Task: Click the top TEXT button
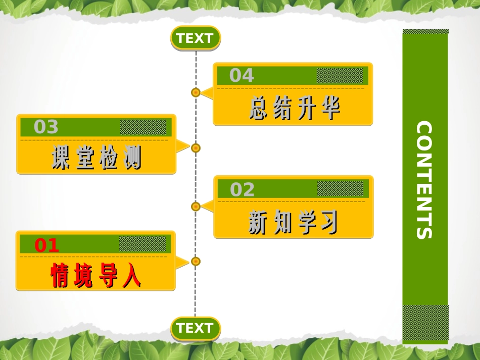click(x=196, y=38)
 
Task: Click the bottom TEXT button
click(x=196, y=328)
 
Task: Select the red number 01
click(x=46, y=245)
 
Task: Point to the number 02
click(x=242, y=189)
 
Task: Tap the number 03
click(x=46, y=127)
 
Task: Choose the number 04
click(x=242, y=75)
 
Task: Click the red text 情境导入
click(x=96, y=275)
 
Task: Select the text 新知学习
click(x=293, y=222)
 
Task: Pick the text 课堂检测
click(x=97, y=157)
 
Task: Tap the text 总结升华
click(x=295, y=108)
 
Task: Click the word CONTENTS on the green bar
click(x=424, y=180)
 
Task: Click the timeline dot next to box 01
click(x=196, y=262)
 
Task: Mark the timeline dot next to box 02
click(x=196, y=207)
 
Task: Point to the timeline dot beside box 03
click(x=196, y=148)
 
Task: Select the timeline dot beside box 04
click(x=196, y=92)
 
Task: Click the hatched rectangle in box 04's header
click(x=340, y=75)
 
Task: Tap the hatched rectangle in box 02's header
click(x=340, y=188)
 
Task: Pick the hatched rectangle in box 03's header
click(x=143, y=127)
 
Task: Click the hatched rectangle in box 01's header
click(x=142, y=244)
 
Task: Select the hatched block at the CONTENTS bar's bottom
click(x=425, y=323)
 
